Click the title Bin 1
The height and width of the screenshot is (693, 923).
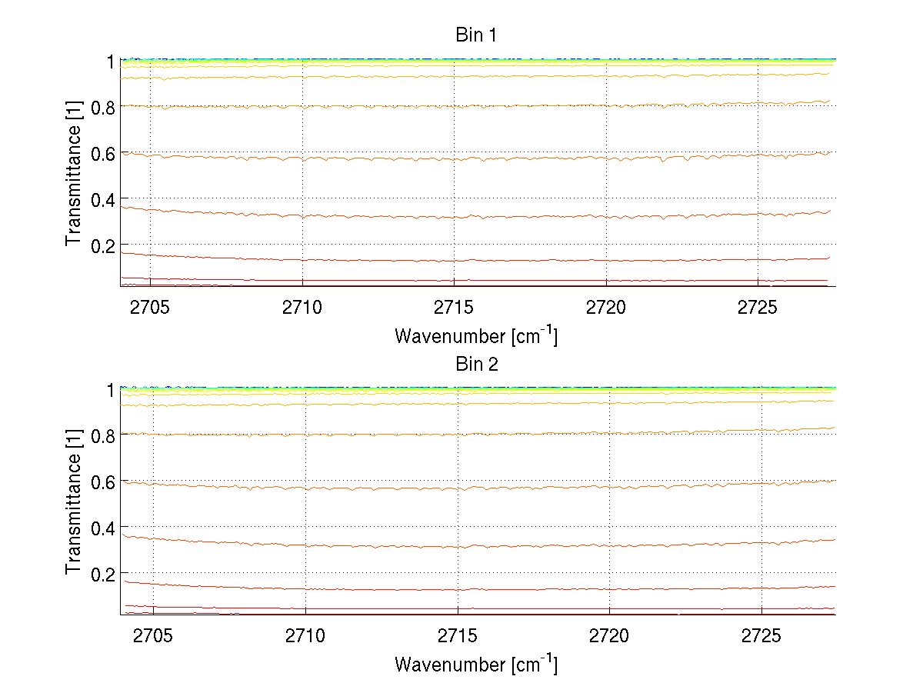[x=476, y=35]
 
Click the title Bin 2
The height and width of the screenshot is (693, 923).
[x=476, y=365]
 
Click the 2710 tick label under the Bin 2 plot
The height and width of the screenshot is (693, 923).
[x=305, y=638]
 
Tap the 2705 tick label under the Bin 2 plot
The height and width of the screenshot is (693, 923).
[x=154, y=638]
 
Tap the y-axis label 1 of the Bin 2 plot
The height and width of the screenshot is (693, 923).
[x=111, y=390]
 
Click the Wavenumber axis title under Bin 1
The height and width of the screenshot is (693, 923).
[x=476, y=335]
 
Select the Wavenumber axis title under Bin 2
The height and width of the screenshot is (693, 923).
[x=476, y=664]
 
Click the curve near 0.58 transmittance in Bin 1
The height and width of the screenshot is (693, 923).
[x=385, y=159]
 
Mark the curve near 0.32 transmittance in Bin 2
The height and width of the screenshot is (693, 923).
[x=385, y=546]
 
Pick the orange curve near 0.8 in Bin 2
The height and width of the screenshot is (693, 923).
[x=385, y=435]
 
